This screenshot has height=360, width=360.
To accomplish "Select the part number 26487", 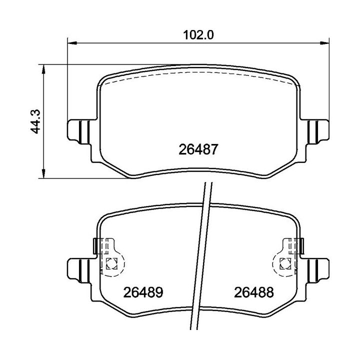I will click(198, 149).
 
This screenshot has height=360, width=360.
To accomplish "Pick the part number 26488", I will click(253, 292).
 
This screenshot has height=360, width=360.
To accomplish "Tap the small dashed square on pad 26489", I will click(111, 262).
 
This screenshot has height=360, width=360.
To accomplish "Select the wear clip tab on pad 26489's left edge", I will click(96, 245).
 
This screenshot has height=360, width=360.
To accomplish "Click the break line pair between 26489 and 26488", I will click(200, 260).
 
